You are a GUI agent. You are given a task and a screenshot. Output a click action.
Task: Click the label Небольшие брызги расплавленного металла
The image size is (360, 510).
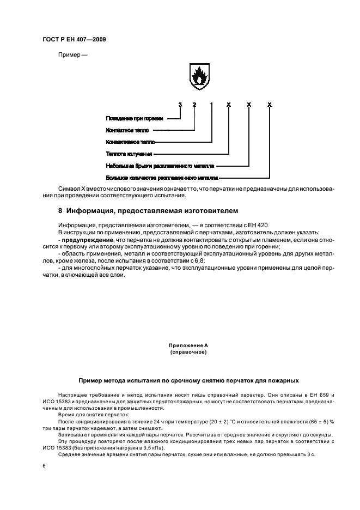tap(160, 166)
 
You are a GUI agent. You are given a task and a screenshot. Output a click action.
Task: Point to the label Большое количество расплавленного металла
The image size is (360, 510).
tap(162, 178)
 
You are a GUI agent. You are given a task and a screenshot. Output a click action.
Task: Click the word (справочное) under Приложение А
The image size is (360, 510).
tap(188, 352)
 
